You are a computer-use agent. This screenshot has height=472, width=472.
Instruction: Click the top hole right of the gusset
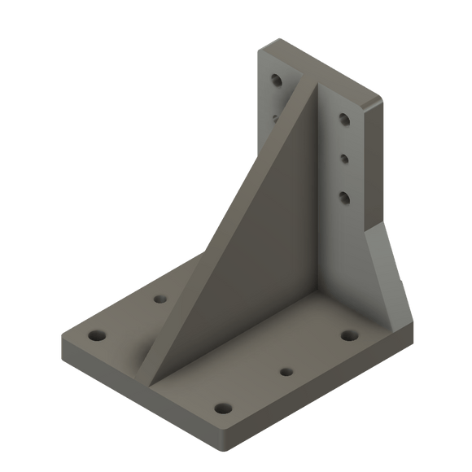(x=344, y=120)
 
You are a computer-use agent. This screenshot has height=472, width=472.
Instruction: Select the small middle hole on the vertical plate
(x=343, y=157)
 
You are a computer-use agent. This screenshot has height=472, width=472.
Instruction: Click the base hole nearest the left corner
(x=98, y=335)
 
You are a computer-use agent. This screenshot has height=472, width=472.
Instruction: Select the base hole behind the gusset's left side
(x=160, y=299)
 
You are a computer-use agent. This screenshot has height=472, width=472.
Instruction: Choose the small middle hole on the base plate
(x=286, y=372)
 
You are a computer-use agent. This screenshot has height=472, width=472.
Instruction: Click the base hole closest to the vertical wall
(x=349, y=334)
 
